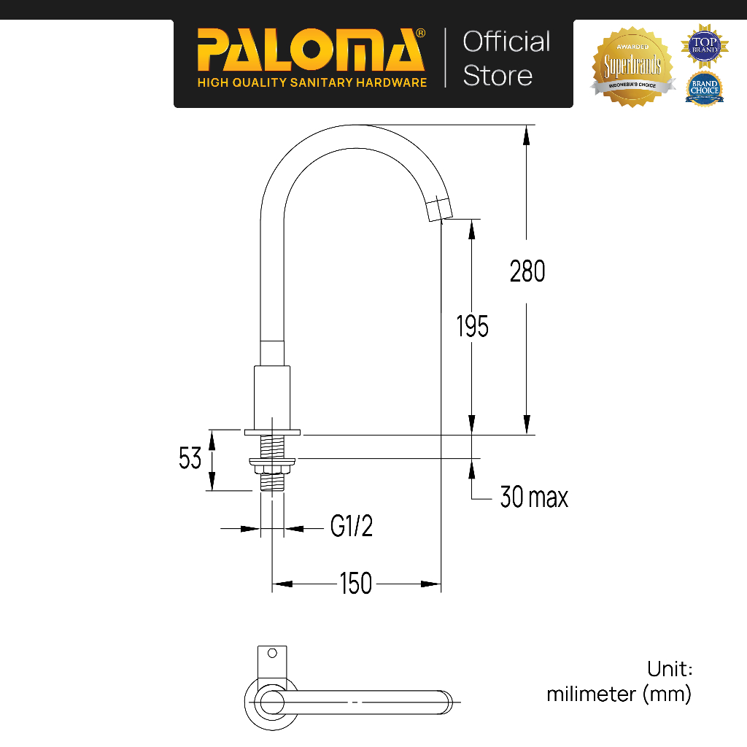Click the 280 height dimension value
coord(527,271)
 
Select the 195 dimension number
coord(473,326)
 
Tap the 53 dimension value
coord(190,459)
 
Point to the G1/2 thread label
coord(352,526)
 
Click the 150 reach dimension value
coord(356,584)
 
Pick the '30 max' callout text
coord(534,498)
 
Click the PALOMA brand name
coord(311,52)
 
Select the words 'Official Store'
coord(506,58)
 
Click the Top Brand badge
coord(705,44)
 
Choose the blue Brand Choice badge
coord(704,89)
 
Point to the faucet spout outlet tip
coord(441,209)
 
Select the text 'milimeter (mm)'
coord(619,694)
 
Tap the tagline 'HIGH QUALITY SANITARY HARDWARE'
coord(312,82)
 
